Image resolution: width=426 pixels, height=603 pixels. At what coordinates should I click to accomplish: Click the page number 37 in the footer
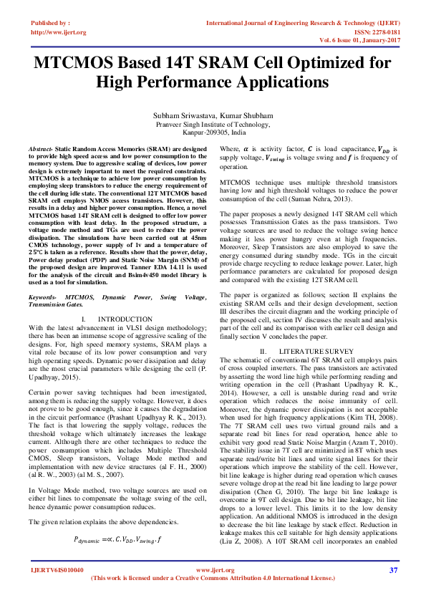pos(393,570)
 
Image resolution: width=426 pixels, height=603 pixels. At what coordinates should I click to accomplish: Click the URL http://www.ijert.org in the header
pos(59,32)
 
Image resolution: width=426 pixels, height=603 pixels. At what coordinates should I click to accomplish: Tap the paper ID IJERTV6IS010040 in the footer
pos(57,570)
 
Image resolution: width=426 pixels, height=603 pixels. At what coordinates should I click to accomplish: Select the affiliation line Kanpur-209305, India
pos(213,133)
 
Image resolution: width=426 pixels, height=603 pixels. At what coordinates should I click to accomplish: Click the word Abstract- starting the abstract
pos(44,148)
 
